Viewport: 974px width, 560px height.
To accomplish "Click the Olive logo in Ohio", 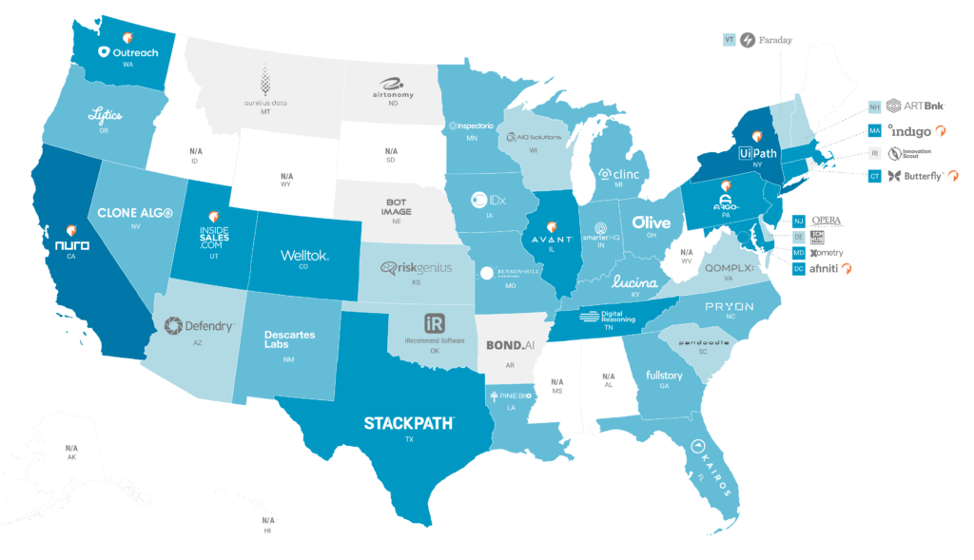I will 652,222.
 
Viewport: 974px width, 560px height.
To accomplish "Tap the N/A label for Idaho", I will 196,151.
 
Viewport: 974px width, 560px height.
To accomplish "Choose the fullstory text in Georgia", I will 664,376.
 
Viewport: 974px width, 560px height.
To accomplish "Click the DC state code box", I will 799,269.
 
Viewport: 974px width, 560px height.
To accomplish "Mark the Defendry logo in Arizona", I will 200,326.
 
